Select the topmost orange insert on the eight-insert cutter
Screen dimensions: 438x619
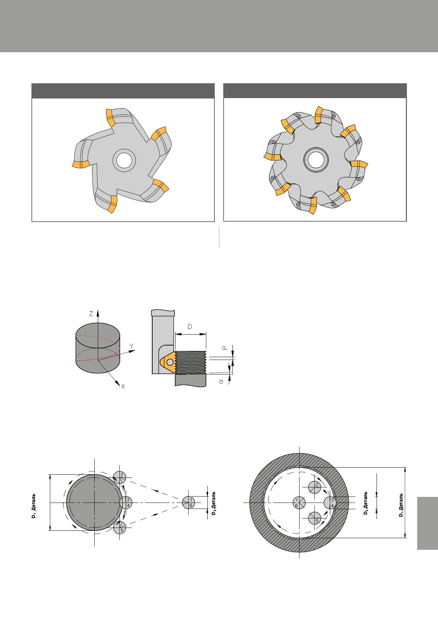(319, 115)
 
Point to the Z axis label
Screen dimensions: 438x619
(91, 314)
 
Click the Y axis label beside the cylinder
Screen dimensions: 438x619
(131, 346)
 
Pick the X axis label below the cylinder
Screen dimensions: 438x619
(123, 387)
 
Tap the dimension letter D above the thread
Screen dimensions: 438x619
(190, 327)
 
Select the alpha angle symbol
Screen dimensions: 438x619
(221, 381)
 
